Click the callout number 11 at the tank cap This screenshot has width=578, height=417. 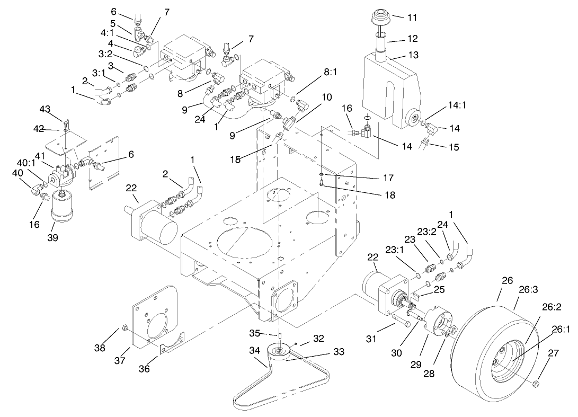click(x=412, y=17)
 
